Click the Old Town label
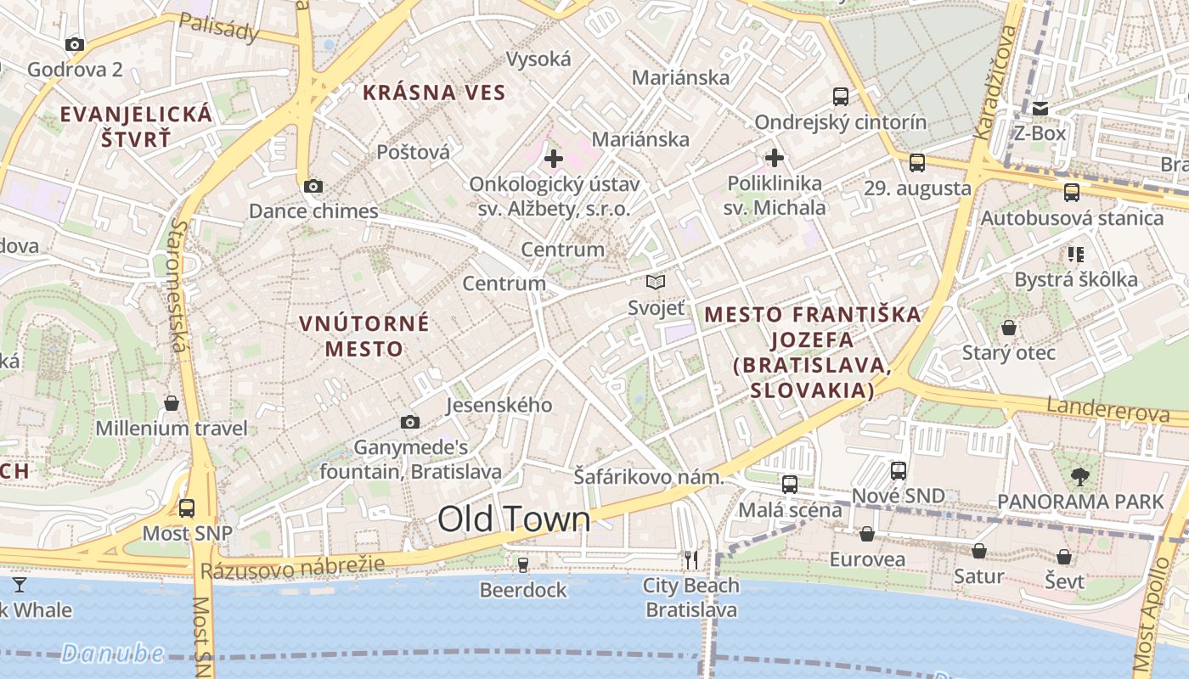pyautogui.click(x=514, y=519)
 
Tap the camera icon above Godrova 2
pyautogui.click(x=75, y=44)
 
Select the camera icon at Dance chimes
pyautogui.click(x=313, y=186)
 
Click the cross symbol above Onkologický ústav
pyautogui.click(x=554, y=158)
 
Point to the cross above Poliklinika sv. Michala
pyautogui.click(x=775, y=157)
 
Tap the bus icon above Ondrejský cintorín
pyautogui.click(x=841, y=97)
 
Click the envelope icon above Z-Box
pyautogui.click(x=1040, y=109)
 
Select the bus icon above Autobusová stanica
pyautogui.click(x=1072, y=193)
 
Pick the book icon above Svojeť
pyautogui.click(x=656, y=282)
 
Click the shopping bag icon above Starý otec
pyautogui.click(x=1009, y=327)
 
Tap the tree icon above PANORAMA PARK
pyautogui.click(x=1080, y=476)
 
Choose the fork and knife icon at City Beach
pyautogui.click(x=691, y=559)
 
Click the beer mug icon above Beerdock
pyautogui.click(x=523, y=564)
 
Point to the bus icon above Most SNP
pyautogui.click(x=187, y=508)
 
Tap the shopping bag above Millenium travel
pyautogui.click(x=172, y=402)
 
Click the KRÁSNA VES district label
pyautogui.click(x=434, y=93)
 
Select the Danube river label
pyautogui.click(x=112, y=653)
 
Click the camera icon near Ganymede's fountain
pyautogui.click(x=410, y=422)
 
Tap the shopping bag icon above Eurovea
pyautogui.click(x=867, y=534)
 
